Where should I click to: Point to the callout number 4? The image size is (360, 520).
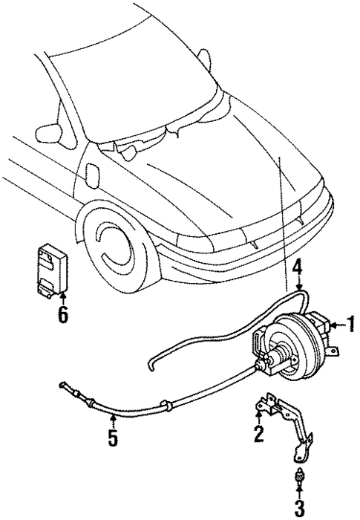[x=298, y=267]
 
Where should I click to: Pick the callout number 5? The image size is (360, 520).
[x=112, y=438]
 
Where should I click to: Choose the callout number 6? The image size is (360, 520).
[x=62, y=314]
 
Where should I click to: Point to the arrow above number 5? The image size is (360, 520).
[x=112, y=421]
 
